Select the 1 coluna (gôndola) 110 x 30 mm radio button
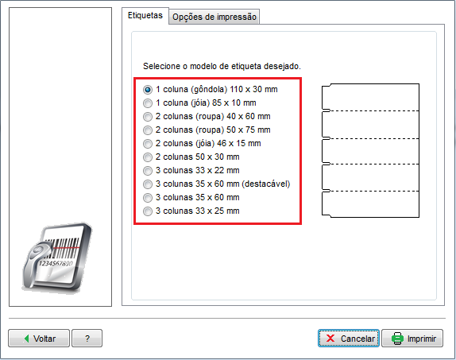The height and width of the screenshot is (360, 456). (148, 89)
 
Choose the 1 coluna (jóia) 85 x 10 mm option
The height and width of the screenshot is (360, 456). (148, 103)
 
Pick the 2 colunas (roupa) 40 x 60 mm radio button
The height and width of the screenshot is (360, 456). (148, 116)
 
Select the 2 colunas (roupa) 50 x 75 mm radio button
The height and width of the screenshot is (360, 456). (148, 130)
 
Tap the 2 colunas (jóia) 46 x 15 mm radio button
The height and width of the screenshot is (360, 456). (148, 144)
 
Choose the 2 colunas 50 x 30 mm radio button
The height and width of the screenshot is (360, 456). (148, 157)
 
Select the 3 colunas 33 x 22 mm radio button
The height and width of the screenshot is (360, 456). (148, 171)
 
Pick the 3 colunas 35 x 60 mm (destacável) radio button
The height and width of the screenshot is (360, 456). (148, 184)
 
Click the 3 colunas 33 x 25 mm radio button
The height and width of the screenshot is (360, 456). (148, 211)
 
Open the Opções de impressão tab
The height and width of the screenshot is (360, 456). (214, 17)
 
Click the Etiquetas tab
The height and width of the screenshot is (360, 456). (145, 15)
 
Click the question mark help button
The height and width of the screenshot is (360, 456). (87, 339)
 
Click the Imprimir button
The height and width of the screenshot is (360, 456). (412, 339)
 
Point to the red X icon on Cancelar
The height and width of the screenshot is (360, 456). (330, 339)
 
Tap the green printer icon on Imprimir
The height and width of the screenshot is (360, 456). (397, 339)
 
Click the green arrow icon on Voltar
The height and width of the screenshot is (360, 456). (27, 339)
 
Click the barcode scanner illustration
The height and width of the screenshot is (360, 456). (57, 257)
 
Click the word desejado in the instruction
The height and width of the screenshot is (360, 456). (282, 66)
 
